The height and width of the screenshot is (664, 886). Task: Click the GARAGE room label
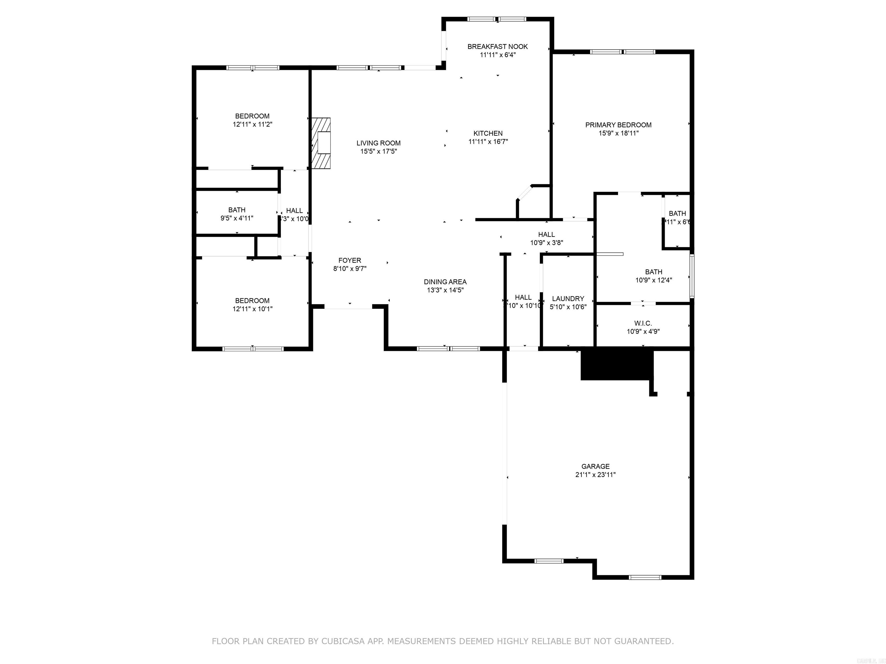595,466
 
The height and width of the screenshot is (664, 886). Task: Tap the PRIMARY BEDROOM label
618,125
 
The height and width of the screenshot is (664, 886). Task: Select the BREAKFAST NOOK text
498,46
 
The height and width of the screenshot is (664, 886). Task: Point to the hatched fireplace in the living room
321,143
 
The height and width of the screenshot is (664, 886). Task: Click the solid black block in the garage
616,365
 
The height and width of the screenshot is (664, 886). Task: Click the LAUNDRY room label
568,299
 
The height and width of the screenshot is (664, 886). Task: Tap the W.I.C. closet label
643,323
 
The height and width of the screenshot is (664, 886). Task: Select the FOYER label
349,261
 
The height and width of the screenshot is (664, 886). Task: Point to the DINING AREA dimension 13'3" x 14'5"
445,290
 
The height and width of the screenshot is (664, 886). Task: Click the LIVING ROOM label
378,143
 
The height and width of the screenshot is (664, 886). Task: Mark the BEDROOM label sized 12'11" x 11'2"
252,116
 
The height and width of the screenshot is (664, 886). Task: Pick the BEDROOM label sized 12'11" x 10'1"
252,301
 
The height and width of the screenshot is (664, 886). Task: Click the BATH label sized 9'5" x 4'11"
237,210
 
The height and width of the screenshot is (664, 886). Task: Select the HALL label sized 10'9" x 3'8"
546,235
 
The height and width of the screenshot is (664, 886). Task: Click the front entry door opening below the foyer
348,308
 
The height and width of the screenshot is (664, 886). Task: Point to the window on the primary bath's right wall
691,276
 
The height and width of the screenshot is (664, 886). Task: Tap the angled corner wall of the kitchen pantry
524,193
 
